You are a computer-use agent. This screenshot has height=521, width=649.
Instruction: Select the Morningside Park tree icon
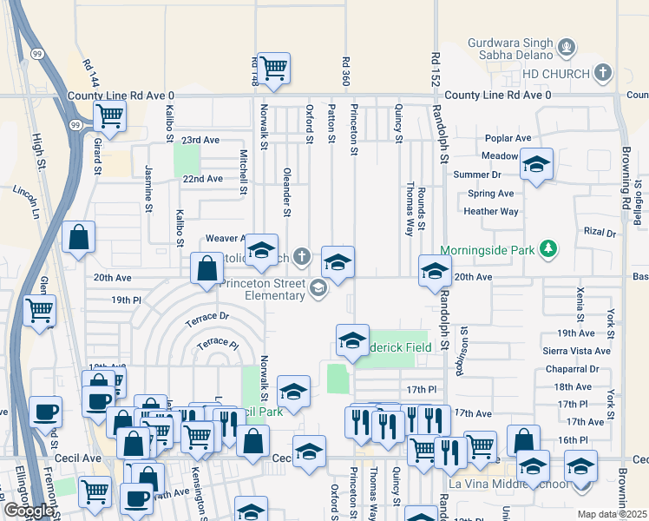click(547, 250)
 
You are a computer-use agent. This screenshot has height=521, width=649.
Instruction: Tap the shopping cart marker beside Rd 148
click(273, 68)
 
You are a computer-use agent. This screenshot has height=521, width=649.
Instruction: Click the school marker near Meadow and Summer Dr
click(537, 164)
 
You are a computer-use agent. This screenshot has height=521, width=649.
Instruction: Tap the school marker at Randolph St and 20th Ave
click(435, 272)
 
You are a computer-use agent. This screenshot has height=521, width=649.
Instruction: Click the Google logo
click(28, 511)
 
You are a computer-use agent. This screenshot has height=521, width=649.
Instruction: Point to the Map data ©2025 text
click(612, 514)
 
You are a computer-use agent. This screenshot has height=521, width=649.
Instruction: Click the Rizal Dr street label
click(599, 233)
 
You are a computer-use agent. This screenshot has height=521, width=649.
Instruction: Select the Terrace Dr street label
click(206, 320)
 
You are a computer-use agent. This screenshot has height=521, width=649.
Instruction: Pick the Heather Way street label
click(491, 211)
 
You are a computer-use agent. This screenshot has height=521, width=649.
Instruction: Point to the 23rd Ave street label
click(200, 140)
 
